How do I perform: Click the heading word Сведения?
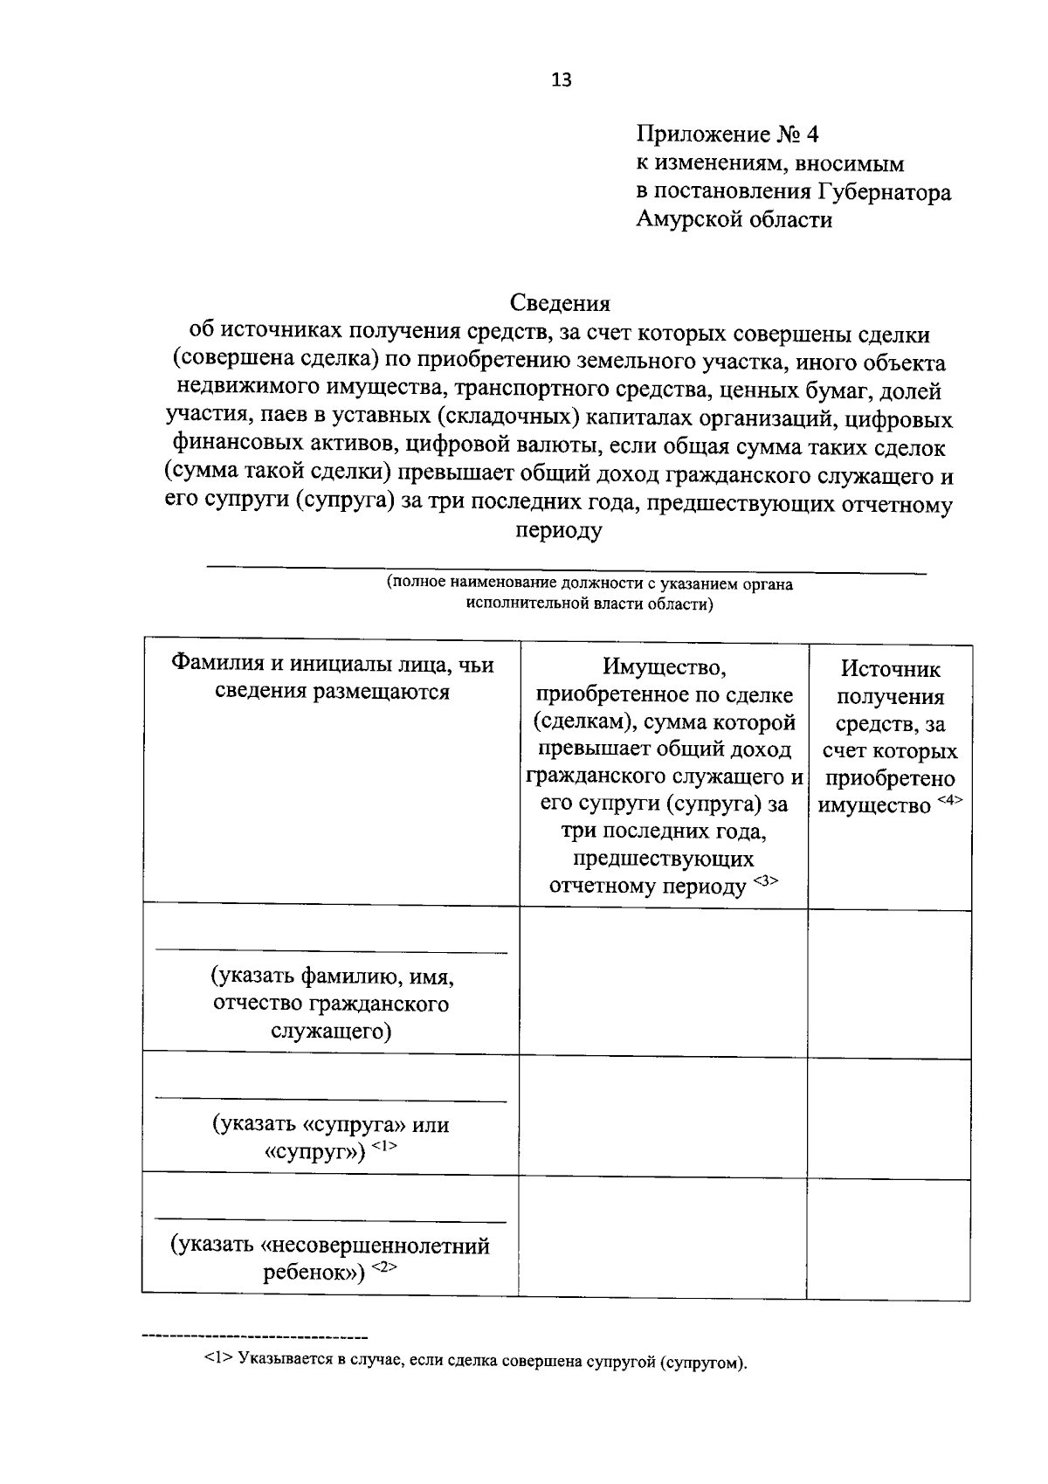pyautogui.click(x=560, y=303)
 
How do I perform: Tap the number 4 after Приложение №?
pyautogui.click(x=812, y=135)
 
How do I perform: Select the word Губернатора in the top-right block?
pyautogui.click(x=884, y=192)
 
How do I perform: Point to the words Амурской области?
pyautogui.click(x=734, y=220)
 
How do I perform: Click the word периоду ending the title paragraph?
pyautogui.click(x=559, y=531)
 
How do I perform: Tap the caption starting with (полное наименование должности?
pyautogui.click(x=590, y=594)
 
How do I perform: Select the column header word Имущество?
pyautogui.click(x=664, y=668)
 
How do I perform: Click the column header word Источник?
pyautogui.click(x=891, y=670)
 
